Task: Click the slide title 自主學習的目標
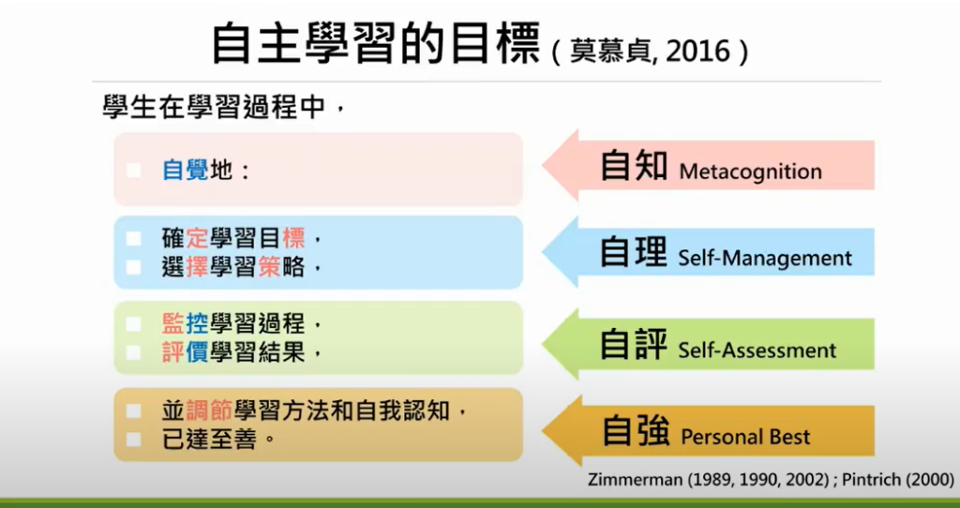[x=376, y=45]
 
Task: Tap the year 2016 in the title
[x=697, y=52]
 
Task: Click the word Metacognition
[x=751, y=172]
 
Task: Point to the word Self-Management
[x=765, y=258]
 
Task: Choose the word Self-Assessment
[x=757, y=351]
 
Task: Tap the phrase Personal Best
[x=745, y=437]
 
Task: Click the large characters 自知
[x=634, y=165]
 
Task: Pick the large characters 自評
[x=634, y=344]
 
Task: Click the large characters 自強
[x=635, y=430]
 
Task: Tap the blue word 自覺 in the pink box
[x=185, y=171]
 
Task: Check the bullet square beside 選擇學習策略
[x=133, y=267]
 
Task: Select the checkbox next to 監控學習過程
[x=133, y=324]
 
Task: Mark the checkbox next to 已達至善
[x=133, y=440]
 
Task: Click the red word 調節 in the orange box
[x=209, y=411]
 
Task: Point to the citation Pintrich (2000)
[x=897, y=479]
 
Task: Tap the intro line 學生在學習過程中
[x=215, y=109]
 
